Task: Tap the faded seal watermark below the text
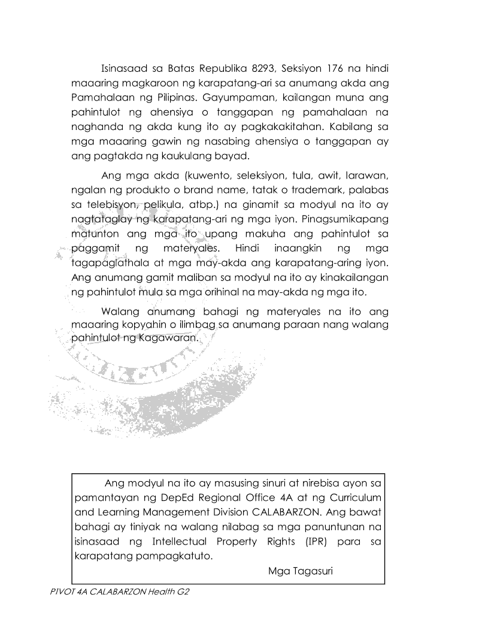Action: click(x=150, y=377)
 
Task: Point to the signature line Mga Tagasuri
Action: click(x=301, y=570)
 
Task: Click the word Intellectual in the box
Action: click(x=183, y=542)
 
